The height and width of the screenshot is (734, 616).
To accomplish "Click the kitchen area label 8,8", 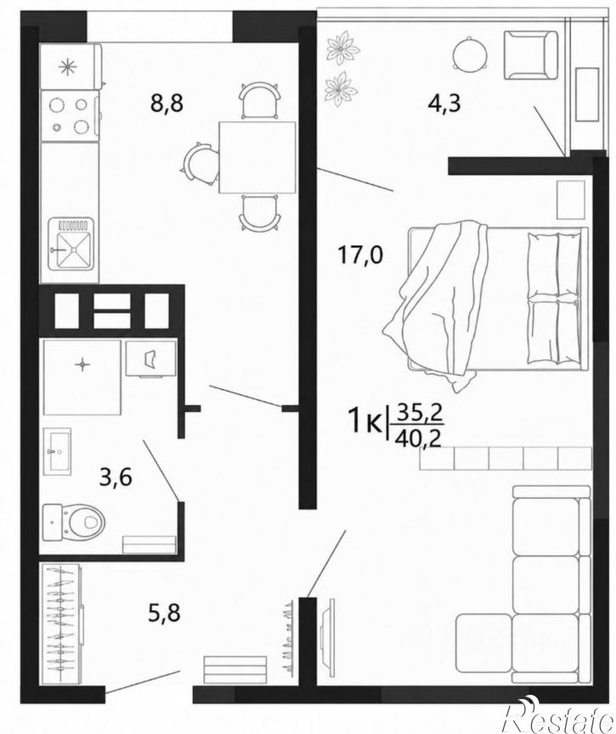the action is tap(167, 103).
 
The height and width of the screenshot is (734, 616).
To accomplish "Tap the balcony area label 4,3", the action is tap(444, 103).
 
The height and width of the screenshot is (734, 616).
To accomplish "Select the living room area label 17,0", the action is tap(360, 256).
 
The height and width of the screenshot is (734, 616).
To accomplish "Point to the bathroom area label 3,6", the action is tap(116, 478).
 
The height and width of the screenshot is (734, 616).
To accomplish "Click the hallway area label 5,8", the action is tap(164, 613).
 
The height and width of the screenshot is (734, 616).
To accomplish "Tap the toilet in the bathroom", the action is tap(73, 521).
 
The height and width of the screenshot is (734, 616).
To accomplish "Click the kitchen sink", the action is tap(71, 243).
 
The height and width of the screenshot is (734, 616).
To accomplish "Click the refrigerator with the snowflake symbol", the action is tap(71, 66).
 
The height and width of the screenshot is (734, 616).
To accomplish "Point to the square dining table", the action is tap(257, 157).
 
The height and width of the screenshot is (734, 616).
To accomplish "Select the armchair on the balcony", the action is tap(531, 54).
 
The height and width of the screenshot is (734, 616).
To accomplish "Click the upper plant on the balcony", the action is tap(343, 48).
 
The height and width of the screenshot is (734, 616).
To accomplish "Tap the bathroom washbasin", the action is tap(57, 452).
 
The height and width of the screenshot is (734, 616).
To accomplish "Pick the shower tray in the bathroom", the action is tap(82, 377).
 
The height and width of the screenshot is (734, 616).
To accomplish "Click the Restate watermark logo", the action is tap(557, 717).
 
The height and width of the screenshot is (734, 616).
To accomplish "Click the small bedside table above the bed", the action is tap(571, 200).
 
